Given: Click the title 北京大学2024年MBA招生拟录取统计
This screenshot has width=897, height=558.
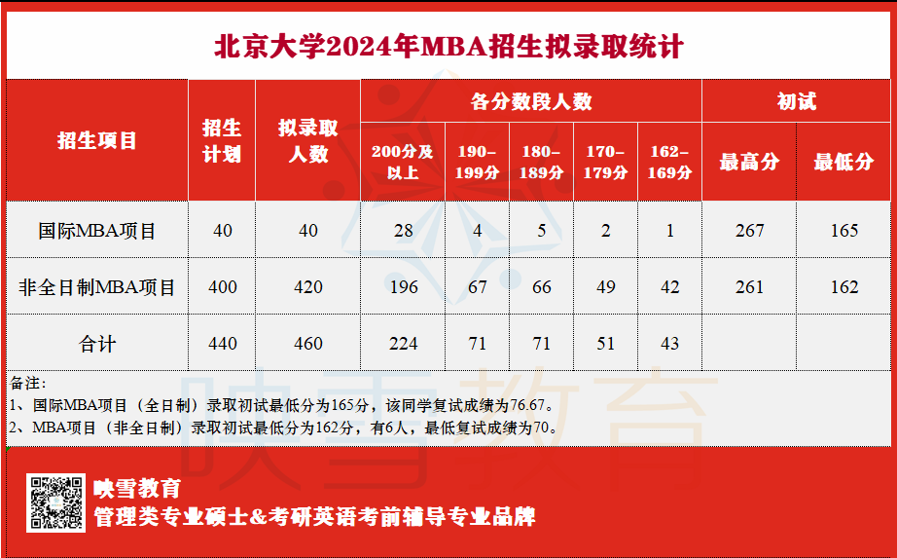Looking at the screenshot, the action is tap(448, 47).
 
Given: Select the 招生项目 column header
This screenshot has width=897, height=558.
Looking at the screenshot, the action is tap(97, 140).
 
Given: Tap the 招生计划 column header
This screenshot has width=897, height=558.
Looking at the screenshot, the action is tap(222, 141).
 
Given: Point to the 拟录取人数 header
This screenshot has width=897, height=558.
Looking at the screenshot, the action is tap(308, 141).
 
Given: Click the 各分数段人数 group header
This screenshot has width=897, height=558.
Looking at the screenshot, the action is tap(531, 101).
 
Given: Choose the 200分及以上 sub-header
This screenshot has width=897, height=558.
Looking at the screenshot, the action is tap(403, 162).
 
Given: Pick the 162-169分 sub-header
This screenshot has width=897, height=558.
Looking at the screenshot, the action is tap(670, 162).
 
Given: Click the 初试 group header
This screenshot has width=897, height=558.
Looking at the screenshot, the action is tap(797, 101).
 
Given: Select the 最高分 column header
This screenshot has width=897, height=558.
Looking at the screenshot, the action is tap(749, 162).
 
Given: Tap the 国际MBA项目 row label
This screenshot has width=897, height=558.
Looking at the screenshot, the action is tap(97, 230).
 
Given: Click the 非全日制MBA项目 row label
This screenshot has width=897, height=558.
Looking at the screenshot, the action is tap(97, 287).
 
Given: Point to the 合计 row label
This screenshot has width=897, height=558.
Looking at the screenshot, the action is tap(97, 344).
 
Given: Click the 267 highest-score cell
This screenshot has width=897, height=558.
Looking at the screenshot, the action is tap(749, 230).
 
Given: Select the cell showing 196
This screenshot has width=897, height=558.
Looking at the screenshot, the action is tap(404, 287).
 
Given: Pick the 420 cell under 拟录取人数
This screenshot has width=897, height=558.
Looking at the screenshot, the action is tap(308, 287).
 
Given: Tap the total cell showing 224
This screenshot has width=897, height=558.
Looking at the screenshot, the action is tap(404, 344).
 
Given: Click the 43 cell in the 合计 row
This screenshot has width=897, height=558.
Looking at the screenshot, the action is tap(670, 344).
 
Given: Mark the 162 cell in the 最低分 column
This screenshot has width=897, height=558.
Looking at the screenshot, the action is tap(844, 287).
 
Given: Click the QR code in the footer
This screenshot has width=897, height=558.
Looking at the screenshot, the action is tap(56, 503).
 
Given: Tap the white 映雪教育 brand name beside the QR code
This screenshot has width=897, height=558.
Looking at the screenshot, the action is tap(137, 489).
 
